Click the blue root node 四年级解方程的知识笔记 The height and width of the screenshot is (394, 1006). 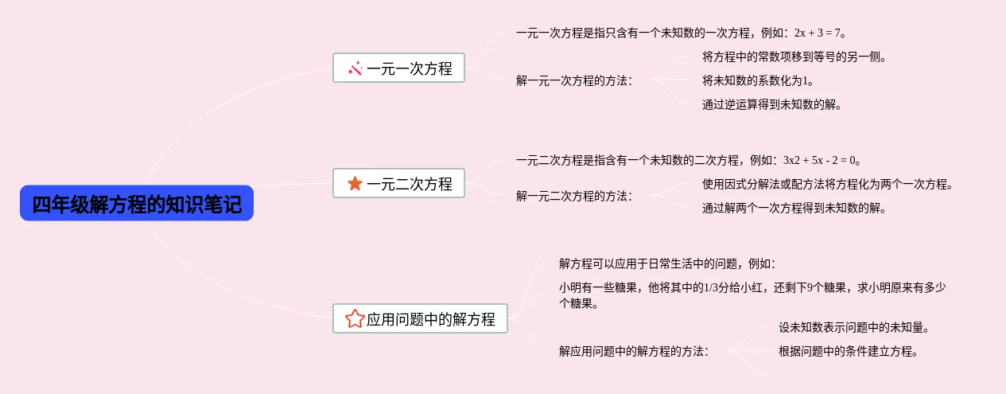tap(137, 203)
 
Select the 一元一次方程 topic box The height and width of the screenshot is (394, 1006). tap(398, 68)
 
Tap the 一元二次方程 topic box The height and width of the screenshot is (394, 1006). tap(398, 183)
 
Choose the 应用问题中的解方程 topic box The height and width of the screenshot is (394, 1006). tap(420, 318)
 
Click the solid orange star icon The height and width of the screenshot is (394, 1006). tap(355, 183)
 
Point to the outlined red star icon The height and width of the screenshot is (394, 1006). tap(355, 319)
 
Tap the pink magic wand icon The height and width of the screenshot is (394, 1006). tap(355, 68)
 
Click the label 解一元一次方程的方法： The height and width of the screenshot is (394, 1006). tap(574, 80)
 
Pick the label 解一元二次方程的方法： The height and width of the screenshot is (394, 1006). tap(574, 196)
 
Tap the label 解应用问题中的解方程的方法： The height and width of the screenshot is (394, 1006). tap(634, 350)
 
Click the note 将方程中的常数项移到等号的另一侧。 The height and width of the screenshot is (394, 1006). tap(794, 57)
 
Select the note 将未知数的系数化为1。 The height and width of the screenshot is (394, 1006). tap(758, 80)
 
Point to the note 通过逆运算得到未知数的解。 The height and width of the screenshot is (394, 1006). tap(771, 104)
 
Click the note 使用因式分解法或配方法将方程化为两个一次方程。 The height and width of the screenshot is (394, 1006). tap(827, 185)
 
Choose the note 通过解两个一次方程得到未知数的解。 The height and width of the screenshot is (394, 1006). tap(794, 209)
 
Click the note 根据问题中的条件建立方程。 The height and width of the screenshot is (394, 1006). tap(849, 351)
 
